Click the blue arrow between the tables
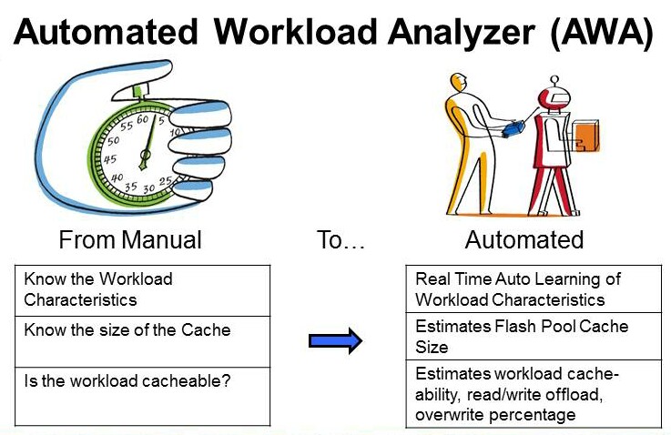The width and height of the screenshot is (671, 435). pos(335,341)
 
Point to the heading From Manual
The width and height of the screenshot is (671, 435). pos(130,239)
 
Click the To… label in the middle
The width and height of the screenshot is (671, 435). pos(341,239)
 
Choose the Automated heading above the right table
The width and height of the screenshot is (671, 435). pos(524,239)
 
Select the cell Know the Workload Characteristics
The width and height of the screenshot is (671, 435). pos(143,289)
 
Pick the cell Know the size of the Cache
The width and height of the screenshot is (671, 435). pos(143,341)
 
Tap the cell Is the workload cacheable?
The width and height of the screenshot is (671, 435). pos(143,395)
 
